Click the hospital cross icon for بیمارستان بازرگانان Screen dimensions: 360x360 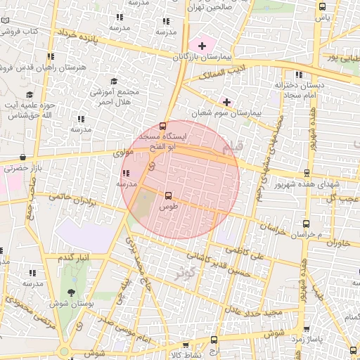(x=202, y=46)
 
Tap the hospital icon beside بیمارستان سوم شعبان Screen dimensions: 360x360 (x=226, y=102)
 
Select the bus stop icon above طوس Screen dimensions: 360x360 (x=168, y=196)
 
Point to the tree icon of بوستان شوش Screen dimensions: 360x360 (x=70, y=292)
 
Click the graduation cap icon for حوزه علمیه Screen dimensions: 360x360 (x=30, y=95)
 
